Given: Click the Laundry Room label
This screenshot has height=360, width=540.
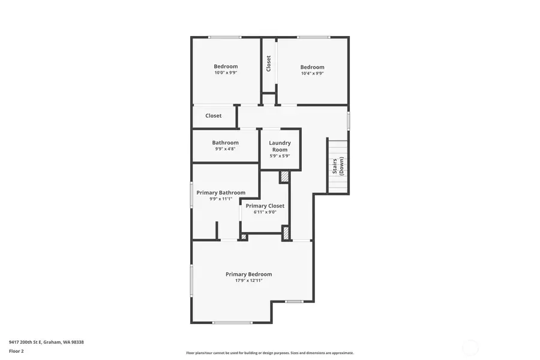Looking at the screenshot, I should (x=280, y=146).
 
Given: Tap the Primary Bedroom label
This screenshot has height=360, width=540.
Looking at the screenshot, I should (x=248, y=274).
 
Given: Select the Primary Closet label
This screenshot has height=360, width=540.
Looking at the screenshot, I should (x=265, y=206).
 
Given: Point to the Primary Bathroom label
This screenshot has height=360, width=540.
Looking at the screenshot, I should (x=221, y=193).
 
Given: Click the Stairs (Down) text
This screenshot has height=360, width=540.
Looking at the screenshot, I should (x=338, y=166).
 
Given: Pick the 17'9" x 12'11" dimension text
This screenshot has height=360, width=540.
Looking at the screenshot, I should (x=248, y=280).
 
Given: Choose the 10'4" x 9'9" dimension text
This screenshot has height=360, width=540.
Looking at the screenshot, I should (x=312, y=73).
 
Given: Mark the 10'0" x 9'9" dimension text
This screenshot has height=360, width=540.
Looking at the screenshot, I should (x=226, y=73).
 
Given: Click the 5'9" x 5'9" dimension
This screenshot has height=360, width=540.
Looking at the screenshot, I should (x=280, y=156).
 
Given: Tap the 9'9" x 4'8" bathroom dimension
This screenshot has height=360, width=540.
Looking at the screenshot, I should (x=225, y=149).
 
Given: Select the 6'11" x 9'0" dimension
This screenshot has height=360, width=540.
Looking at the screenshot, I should (x=265, y=212).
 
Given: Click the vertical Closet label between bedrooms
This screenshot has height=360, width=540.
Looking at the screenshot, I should (x=269, y=63).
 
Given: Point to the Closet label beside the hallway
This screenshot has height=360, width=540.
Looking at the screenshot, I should (x=213, y=116).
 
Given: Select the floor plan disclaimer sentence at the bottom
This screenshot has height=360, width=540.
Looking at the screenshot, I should (x=269, y=353).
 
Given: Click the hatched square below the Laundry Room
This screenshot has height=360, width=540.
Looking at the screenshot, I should (x=284, y=177).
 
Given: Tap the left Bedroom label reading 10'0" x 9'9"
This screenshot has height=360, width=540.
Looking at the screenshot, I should (x=226, y=67).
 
